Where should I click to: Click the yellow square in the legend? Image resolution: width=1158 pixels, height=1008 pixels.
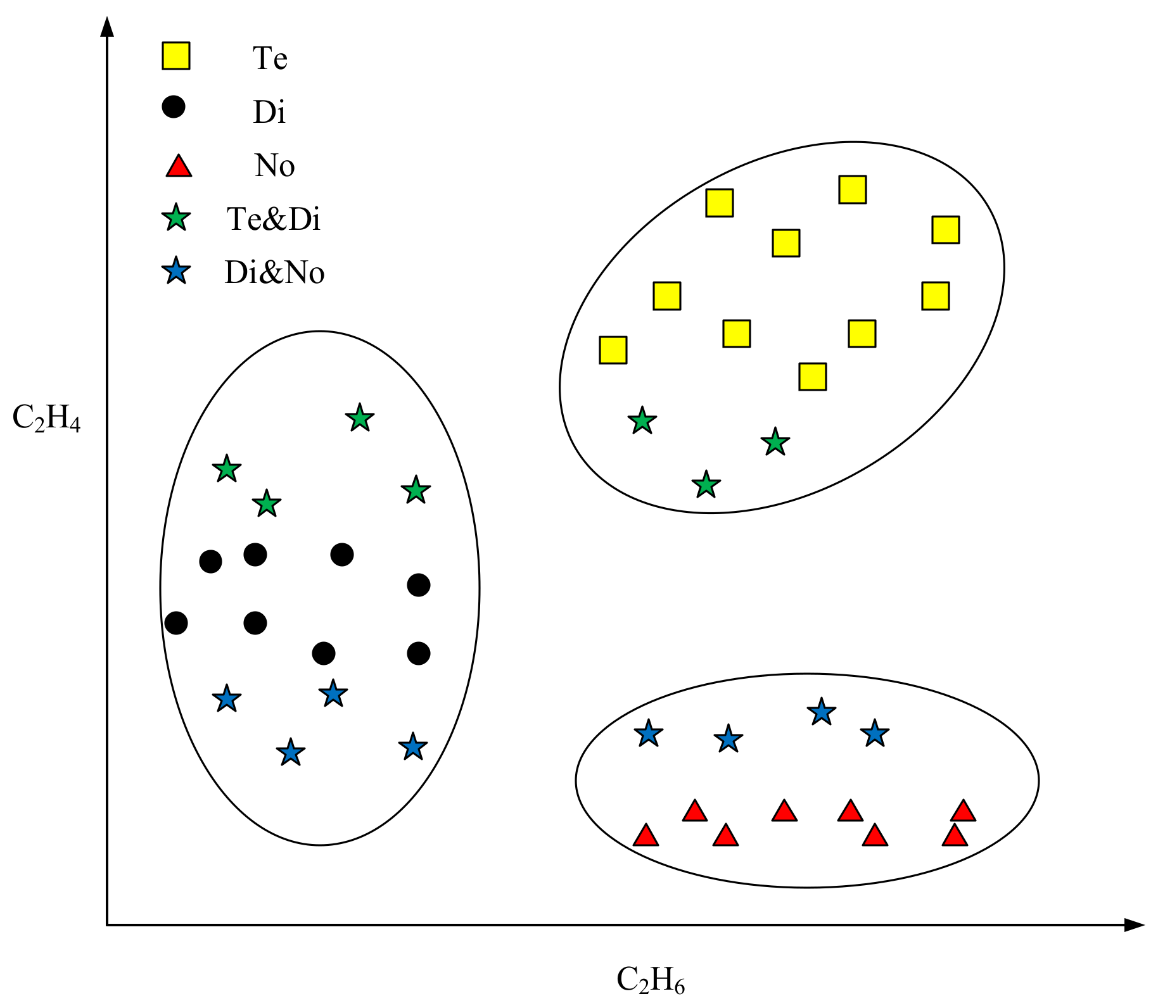pyautogui.click(x=175, y=56)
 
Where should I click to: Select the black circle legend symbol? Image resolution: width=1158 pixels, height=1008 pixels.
pyautogui.click(x=173, y=107)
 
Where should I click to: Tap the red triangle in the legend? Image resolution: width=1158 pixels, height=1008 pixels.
pyautogui.click(x=178, y=166)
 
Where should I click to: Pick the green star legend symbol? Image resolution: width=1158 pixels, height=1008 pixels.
pyautogui.click(x=176, y=218)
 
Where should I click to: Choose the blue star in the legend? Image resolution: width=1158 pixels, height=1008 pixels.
pyautogui.click(x=176, y=272)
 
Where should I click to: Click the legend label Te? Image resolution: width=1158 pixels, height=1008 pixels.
pyautogui.click(x=270, y=58)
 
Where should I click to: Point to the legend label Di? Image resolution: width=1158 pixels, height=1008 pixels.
pyautogui.click(x=269, y=112)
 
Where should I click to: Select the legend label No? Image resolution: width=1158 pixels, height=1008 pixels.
pyautogui.click(x=274, y=166)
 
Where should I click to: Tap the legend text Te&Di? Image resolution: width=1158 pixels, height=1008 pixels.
pyautogui.click(x=274, y=219)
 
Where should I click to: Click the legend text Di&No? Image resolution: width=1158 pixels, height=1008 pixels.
pyautogui.click(x=274, y=272)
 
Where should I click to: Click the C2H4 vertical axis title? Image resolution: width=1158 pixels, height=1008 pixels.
pyautogui.click(x=46, y=419)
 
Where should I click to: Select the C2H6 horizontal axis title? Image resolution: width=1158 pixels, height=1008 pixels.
pyautogui.click(x=650, y=980)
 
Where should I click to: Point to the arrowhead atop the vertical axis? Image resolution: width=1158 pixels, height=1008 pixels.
pyautogui.click(x=108, y=27)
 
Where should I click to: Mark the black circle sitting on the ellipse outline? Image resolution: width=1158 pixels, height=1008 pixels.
pyautogui.click(x=176, y=623)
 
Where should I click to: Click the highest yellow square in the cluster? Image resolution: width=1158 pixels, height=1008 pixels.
pyautogui.click(x=852, y=189)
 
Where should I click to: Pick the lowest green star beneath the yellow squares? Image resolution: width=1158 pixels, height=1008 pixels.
pyautogui.click(x=706, y=485)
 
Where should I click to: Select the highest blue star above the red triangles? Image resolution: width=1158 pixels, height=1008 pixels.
pyautogui.click(x=821, y=712)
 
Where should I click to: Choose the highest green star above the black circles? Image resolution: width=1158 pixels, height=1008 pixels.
pyautogui.click(x=360, y=418)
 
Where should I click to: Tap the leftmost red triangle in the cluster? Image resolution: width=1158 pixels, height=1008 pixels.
pyautogui.click(x=646, y=836)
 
